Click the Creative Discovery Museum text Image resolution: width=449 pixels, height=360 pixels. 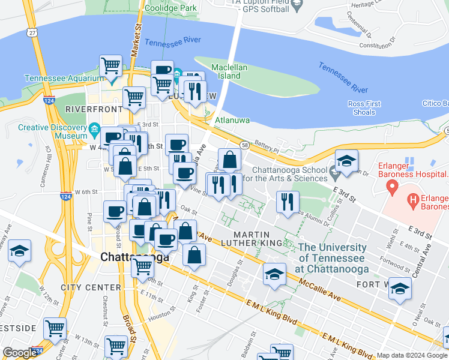[53, 131]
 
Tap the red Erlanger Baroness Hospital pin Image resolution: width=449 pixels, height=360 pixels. [392, 188]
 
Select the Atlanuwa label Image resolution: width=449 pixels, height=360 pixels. [232, 120]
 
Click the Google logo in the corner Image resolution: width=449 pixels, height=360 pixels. [20, 353]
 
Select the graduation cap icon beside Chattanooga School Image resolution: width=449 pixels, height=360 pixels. [346, 161]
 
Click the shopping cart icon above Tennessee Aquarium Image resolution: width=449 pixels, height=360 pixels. [110, 65]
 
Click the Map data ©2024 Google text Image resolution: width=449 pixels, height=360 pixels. [411, 355]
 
